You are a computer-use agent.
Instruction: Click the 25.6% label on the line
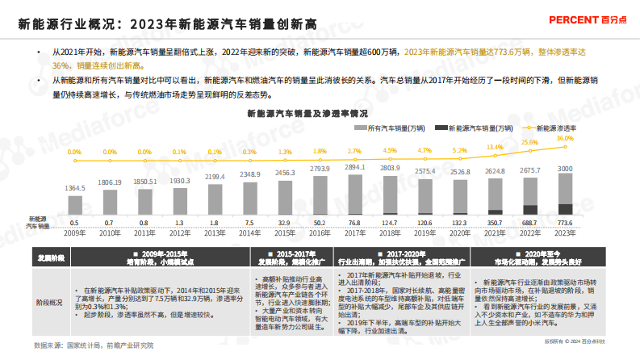529,143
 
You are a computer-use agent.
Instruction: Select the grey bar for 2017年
354,193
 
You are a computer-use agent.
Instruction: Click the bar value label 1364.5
73,188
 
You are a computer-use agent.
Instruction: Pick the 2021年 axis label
495,234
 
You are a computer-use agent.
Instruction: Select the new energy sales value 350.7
495,223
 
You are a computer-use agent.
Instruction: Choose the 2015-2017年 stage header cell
282,257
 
